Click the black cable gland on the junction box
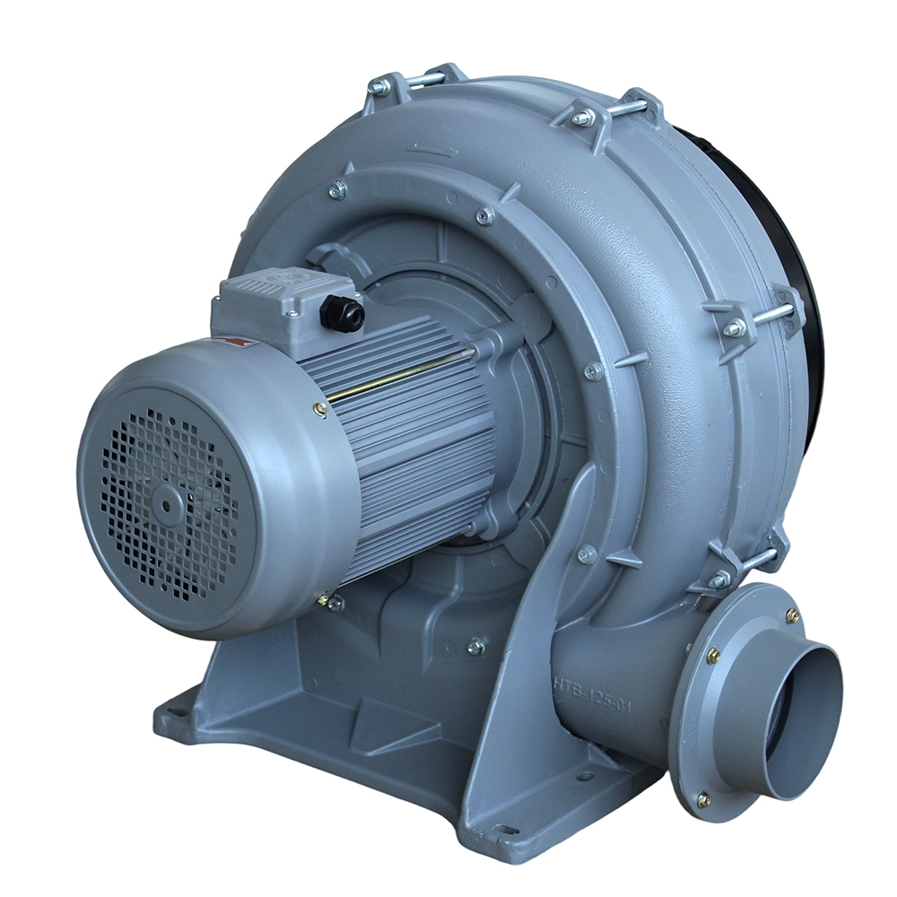(343, 313)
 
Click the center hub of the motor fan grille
(167, 506)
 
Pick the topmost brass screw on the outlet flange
(792, 615)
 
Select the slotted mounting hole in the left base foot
(175, 713)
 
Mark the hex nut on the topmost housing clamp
(380, 87)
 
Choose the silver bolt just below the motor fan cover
(335, 604)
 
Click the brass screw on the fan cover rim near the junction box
(320, 409)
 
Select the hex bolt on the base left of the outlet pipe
(476, 645)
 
